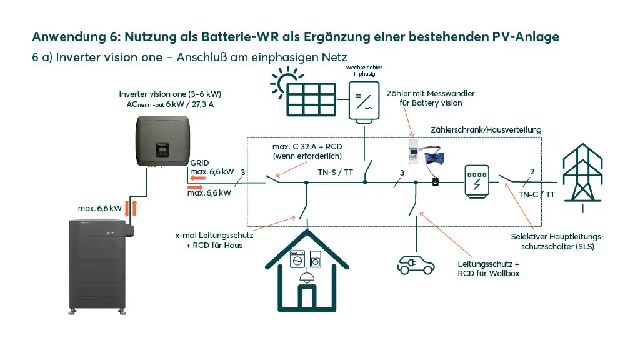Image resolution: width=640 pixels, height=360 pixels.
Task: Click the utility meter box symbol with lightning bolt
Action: pos(477,182)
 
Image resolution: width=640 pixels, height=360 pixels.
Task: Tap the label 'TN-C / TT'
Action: pos(536,194)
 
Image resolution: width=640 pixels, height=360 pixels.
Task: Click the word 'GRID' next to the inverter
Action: pos(200,162)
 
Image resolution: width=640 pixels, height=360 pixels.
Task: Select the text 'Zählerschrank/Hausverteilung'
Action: pos(486,129)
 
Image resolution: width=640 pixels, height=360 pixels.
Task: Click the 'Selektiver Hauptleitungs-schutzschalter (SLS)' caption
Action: pos(557,241)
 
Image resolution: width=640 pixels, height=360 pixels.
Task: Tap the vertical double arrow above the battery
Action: pos(127,207)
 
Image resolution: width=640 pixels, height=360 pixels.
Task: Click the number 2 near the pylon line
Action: pos(531,171)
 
